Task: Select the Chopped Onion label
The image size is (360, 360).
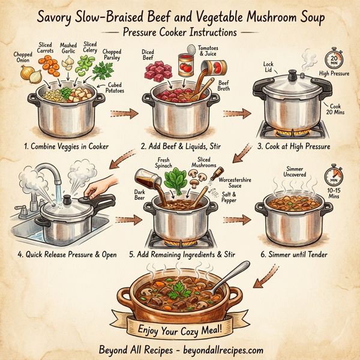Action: click(22, 58)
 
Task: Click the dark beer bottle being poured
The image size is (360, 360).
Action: click(146, 180)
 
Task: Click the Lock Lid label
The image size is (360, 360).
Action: click(268, 67)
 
